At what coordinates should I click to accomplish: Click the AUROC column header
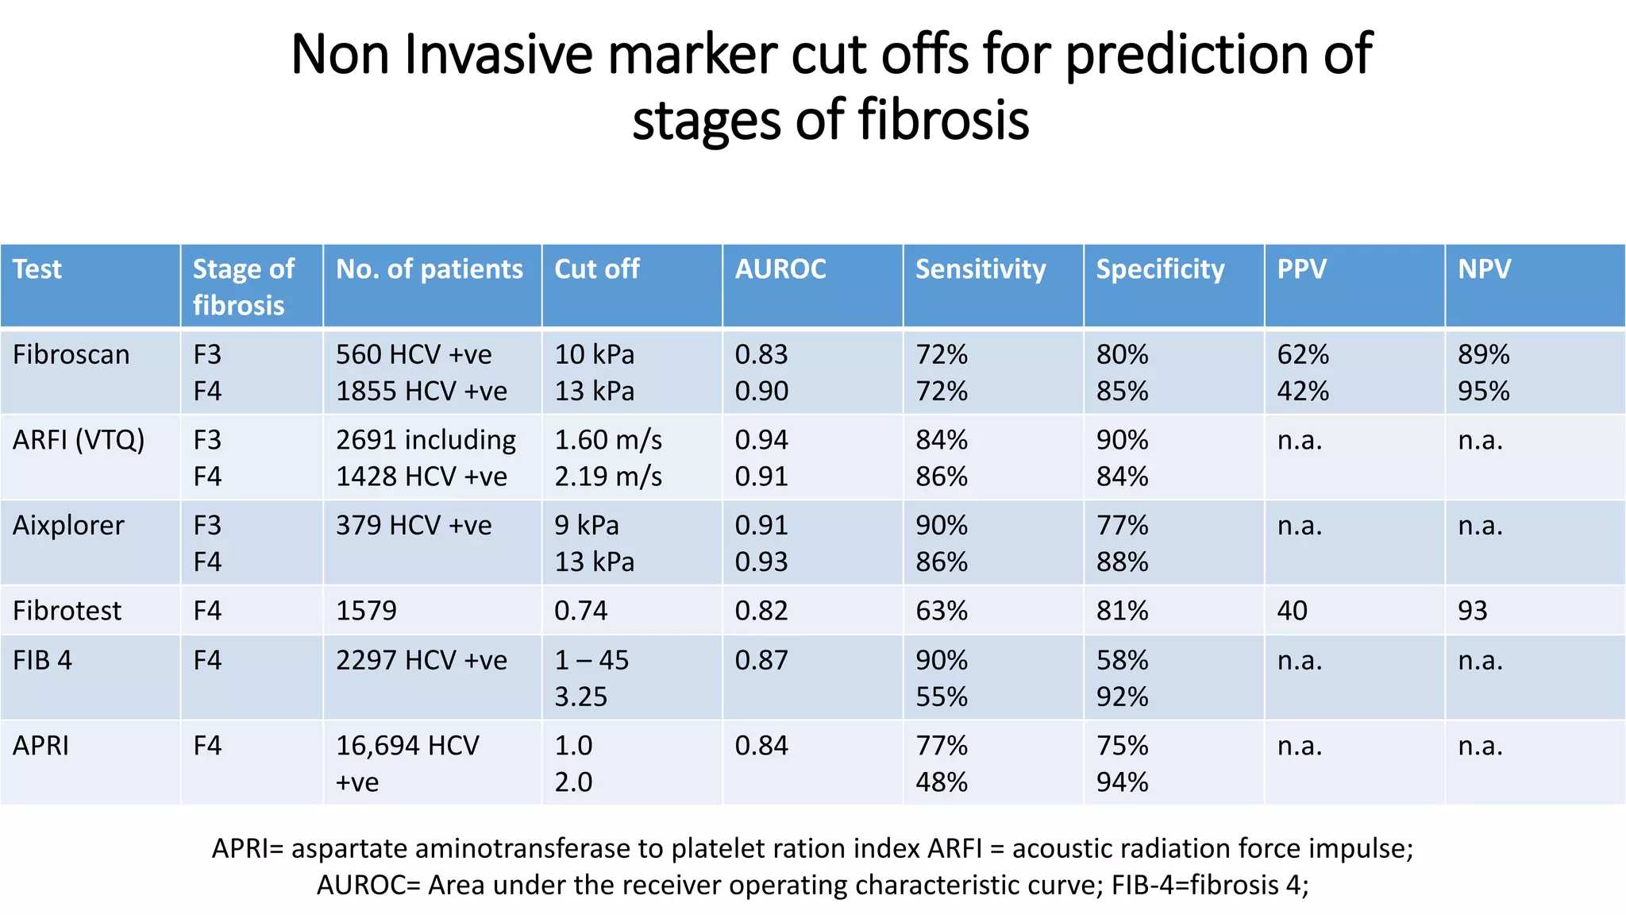coord(780,269)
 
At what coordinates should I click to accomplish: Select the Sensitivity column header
coord(981,269)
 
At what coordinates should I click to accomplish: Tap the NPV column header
coord(1484,269)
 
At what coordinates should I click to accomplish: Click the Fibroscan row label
coord(71,354)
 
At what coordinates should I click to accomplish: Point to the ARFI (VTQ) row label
coord(79,440)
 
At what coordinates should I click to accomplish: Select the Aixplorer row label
coord(68,526)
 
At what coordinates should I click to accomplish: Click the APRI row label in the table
coord(40,746)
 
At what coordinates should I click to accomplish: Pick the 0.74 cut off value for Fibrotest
coord(580,611)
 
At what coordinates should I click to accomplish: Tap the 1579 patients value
coord(366,611)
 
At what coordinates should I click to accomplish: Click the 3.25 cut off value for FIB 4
coord(580,697)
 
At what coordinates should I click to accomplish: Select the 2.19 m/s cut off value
coord(608,477)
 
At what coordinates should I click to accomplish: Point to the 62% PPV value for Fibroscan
coord(1303,354)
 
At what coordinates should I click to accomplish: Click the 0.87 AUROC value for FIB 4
coord(761,660)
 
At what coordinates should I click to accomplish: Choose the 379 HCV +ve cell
coord(414,526)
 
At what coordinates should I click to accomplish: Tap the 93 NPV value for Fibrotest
coord(1472,611)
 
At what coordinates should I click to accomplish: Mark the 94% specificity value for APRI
coord(1122,782)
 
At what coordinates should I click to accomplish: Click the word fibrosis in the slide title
coord(943,120)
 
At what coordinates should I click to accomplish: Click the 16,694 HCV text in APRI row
coord(407,746)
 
